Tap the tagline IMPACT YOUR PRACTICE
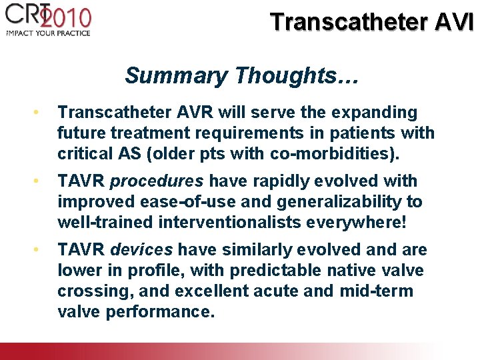(x=47, y=32)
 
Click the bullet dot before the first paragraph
(x=41, y=112)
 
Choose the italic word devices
(x=141, y=250)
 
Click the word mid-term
(x=379, y=291)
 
